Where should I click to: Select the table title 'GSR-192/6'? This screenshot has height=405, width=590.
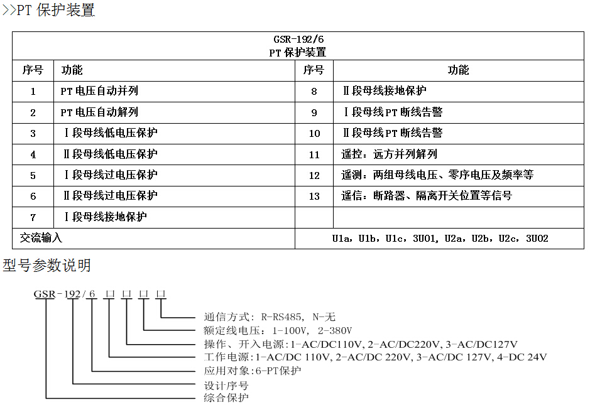tap(298, 39)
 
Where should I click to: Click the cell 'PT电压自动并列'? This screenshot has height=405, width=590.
tap(99, 91)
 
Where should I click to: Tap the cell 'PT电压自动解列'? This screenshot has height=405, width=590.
tap(99, 112)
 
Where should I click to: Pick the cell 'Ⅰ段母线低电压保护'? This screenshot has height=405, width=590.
tap(110, 133)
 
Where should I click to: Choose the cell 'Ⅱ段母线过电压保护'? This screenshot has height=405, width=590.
tap(110, 196)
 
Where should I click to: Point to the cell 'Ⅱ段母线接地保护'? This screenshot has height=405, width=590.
tap(384, 91)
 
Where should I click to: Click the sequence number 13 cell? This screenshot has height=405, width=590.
tap(314, 196)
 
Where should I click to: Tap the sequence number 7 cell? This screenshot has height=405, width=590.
tap(33, 217)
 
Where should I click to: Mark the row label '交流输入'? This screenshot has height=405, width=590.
tap(41, 239)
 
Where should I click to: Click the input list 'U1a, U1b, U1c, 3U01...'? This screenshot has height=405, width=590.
tap(440, 239)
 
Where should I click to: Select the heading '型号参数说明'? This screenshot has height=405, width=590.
tap(46, 266)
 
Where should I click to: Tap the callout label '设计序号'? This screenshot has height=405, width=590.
tap(226, 385)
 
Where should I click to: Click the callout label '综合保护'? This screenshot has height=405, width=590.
tap(226, 398)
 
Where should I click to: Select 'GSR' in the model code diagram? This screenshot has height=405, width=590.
tap(44, 294)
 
